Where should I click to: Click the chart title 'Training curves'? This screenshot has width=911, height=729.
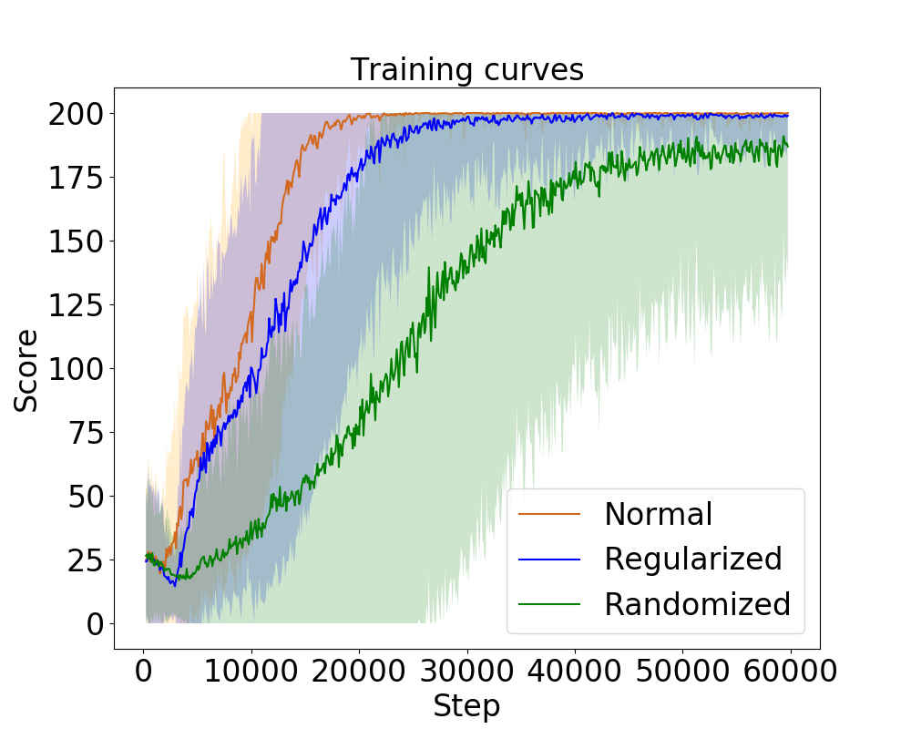(466, 69)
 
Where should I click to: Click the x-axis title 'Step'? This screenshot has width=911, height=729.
(466, 706)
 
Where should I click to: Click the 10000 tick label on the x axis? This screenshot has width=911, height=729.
(251, 672)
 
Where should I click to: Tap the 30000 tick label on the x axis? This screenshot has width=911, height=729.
(466, 672)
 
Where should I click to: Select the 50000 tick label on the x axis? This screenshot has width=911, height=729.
(682, 672)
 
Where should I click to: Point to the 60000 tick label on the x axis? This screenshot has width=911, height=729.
(790, 672)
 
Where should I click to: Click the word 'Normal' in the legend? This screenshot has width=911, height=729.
(658, 514)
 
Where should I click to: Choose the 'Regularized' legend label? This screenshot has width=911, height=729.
(692, 559)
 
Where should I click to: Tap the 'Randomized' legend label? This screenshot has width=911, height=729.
(697, 603)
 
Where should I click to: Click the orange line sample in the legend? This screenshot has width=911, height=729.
(549, 514)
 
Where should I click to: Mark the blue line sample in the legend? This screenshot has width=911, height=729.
(549, 559)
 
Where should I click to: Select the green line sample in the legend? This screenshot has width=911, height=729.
(549, 603)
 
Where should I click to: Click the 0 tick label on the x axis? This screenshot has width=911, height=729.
(143, 672)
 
